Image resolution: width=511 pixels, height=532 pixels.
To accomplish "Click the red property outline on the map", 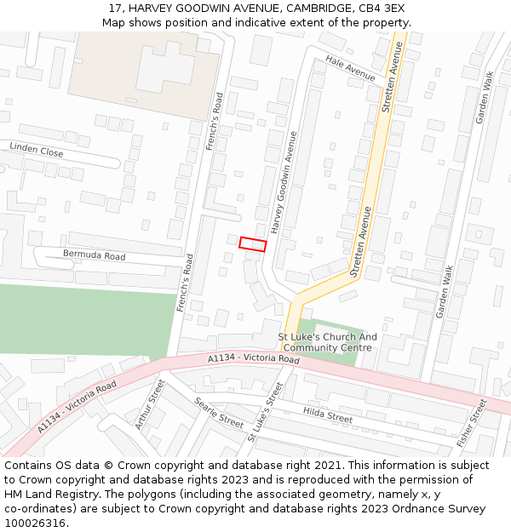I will pos(252,243).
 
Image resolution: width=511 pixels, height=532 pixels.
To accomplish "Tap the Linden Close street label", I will pos(37,151).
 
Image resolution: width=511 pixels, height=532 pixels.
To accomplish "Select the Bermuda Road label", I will pos(94,255).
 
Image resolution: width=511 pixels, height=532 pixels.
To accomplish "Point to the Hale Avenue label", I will pos(350,71).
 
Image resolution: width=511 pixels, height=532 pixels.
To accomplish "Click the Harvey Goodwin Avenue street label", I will pos(284,182).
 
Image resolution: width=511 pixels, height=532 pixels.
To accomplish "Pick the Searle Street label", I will pos(219,412).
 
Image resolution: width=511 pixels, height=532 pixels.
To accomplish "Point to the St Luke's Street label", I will pos(265,411).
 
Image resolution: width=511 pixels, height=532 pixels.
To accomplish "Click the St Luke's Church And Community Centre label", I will pos(328,342).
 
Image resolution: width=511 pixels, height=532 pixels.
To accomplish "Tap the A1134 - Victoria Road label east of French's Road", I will pos(254,360).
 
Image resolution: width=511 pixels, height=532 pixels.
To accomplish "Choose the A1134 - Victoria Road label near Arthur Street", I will pos(77,407).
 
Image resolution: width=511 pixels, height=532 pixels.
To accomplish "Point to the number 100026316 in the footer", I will pos(34,523).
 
